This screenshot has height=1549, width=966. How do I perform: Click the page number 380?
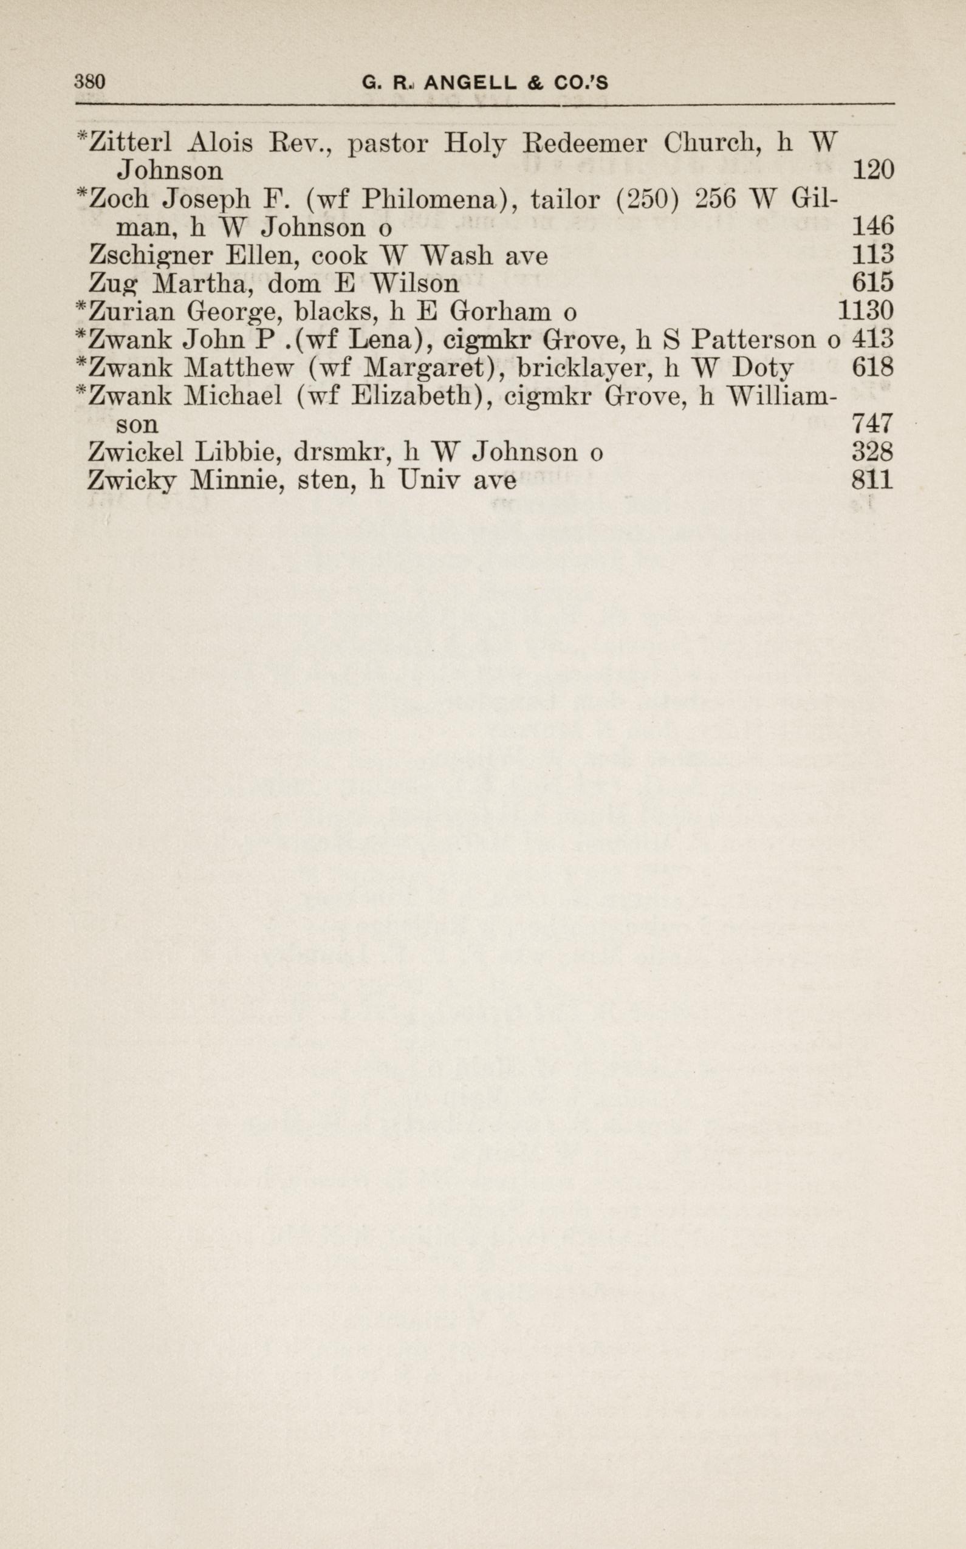(89, 83)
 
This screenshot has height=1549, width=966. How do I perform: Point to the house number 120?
(872, 171)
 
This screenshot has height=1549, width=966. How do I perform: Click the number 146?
(872, 227)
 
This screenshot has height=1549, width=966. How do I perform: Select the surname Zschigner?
(151, 256)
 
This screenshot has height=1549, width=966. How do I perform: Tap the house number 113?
(872, 256)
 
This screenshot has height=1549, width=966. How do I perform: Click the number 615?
(872, 284)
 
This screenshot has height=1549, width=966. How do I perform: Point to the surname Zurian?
(132, 312)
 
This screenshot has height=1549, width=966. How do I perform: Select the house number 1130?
(865, 312)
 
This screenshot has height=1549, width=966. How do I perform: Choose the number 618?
(872, 368)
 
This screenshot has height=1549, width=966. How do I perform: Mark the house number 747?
(872, 424)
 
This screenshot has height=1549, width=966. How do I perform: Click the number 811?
(872, 480)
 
